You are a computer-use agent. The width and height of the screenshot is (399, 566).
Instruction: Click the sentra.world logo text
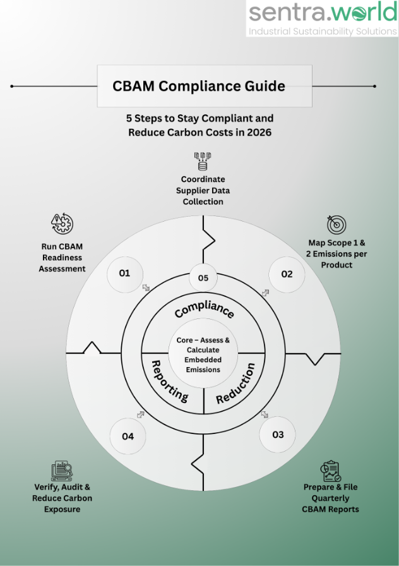[321, 13]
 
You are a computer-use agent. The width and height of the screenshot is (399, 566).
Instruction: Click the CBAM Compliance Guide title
[199, 86]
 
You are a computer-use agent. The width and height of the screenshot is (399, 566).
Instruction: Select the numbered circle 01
[124, 273]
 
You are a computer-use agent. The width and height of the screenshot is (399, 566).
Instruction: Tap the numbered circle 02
[287, 274]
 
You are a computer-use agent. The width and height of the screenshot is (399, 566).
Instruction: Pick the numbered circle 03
[278, 435]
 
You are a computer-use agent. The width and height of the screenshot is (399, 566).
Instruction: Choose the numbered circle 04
[128, 436]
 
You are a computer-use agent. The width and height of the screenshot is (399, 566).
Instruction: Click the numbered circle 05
[203, 278]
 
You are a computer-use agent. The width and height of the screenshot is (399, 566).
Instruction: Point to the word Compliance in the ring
[204, 310]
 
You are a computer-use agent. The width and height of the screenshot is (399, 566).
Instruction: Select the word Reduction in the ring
[236, 383]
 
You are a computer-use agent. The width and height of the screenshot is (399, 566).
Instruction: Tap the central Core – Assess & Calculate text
[203, 354]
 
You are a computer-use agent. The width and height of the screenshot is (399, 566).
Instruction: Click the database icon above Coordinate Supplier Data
[203, 160]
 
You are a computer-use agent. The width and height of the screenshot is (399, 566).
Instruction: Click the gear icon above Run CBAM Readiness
[62, 224]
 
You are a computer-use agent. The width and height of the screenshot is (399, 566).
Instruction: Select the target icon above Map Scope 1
[336, 224]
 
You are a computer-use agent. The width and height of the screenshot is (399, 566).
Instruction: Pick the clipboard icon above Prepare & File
[330, 471]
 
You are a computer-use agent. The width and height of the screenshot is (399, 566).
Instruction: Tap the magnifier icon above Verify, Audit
[62, 471]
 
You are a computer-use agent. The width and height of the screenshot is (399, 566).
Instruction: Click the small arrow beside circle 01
[146, 287]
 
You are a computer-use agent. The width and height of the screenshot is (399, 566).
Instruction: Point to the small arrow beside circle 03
[265, 414]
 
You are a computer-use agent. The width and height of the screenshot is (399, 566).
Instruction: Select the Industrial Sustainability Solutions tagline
[322, 31]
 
